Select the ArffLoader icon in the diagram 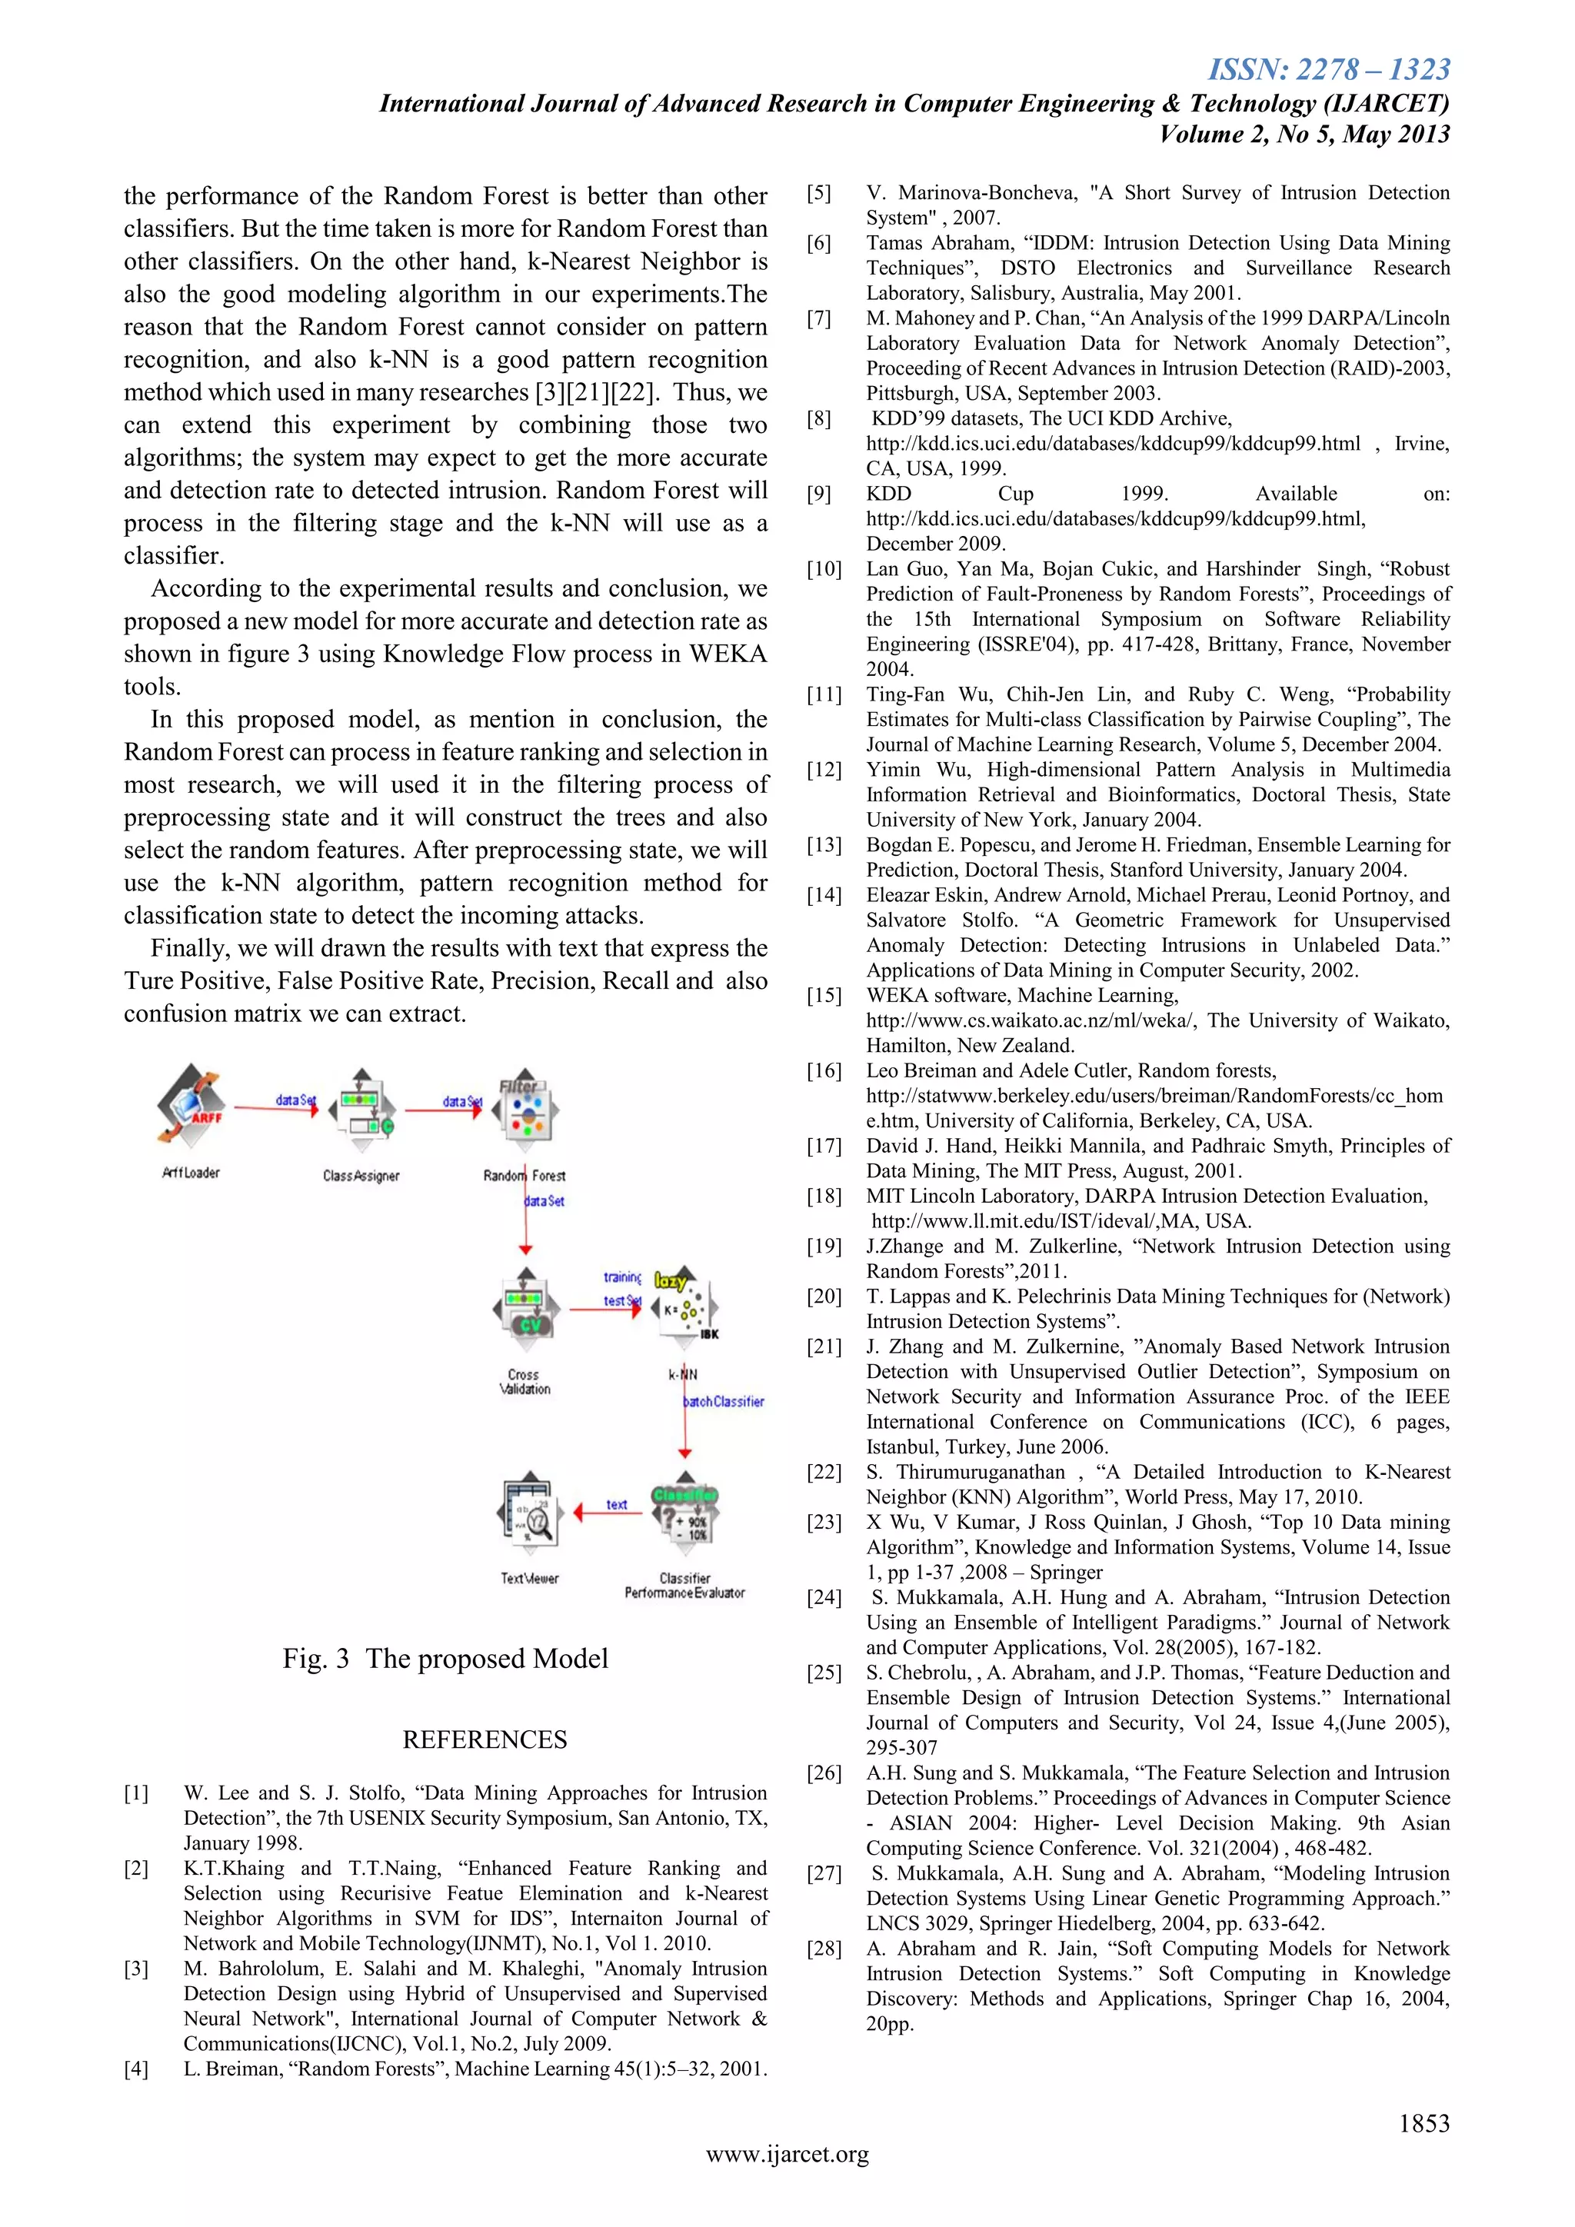click(191, 1107)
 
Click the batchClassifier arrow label click(724, 1402)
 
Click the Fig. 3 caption click(445, 1659)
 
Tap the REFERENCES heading click(485, 1740)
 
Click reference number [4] click(137, 2069)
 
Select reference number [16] click(824, 1071)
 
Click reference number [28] click(824, 1949)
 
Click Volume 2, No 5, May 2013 click(1304, 134)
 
